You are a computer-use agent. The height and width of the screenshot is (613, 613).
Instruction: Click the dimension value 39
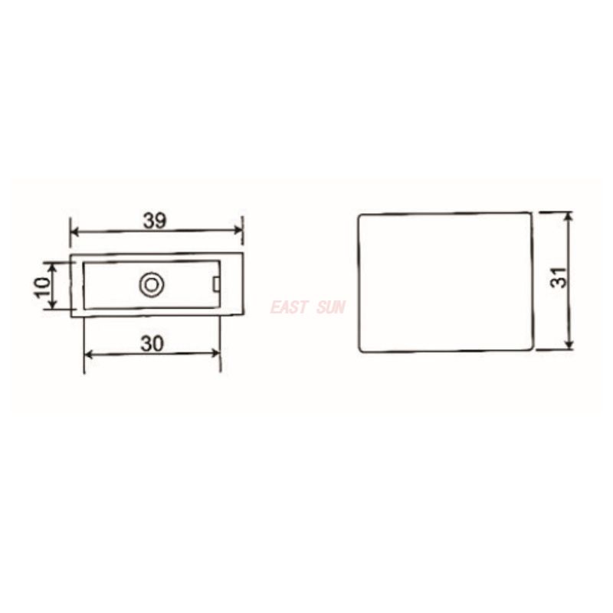pyautogui.click(x=156, y=220)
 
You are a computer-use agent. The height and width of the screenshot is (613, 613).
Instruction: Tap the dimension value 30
pyautogui.click(x=152, y=344)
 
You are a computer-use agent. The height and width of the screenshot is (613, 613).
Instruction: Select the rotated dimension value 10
pyautogui.click(x=43, y=286)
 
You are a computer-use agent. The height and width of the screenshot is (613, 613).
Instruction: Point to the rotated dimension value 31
pyautogui.click(x=562, y=277)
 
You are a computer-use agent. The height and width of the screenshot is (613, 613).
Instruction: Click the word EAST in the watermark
pyautogui.click(x=289, y=307)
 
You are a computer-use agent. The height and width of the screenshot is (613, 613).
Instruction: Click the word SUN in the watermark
pyautogui.click(x=331, y=307)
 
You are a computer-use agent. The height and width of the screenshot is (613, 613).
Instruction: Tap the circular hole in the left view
pyautogui.click(x=151, y=285)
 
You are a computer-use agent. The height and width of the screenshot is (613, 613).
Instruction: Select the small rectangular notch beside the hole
pyautogui.click(x=216, y=285)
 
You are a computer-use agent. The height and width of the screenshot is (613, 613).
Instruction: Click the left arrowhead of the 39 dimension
pyautogui.click(x=74, y=231)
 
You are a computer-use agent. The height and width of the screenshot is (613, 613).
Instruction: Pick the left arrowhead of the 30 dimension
pyautogui.click(x=87, y=353)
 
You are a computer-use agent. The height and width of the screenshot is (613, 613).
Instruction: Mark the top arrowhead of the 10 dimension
pyautogui.click(x=52, y=265)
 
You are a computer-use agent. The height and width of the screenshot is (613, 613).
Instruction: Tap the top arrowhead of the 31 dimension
pyautogui.click(x=569, y=217)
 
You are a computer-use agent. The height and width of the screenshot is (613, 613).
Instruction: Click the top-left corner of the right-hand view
pyautogui.click(x=360, y=215)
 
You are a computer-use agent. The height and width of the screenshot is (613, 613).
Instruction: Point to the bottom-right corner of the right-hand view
pyautogui.click(x=532, y=350)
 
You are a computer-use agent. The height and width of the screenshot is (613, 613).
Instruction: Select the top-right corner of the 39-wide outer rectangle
pyautogui.click(x=242, y=253)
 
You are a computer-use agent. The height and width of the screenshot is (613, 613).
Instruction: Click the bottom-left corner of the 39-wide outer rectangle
pyautogui.click(x=71, y=316)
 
